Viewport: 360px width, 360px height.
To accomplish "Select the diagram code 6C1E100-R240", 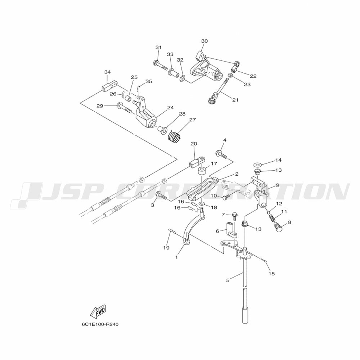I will click(100, 324).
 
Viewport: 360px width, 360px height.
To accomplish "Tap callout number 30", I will click(204, 41).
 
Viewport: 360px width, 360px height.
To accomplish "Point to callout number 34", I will click(107, 72).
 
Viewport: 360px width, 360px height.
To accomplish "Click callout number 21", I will click(235, 100).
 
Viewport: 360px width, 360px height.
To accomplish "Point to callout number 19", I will click(166, 248).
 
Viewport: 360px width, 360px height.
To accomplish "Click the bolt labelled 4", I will click(221, 155).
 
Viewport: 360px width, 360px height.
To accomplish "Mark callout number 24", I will click(170, 107).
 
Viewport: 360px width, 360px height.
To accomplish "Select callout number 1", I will click(177, 257).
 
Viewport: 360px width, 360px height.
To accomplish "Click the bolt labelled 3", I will click(161, 196).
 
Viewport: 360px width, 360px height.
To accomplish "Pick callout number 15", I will click(271, 274).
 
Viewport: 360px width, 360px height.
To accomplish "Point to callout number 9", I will click(277, 185).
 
